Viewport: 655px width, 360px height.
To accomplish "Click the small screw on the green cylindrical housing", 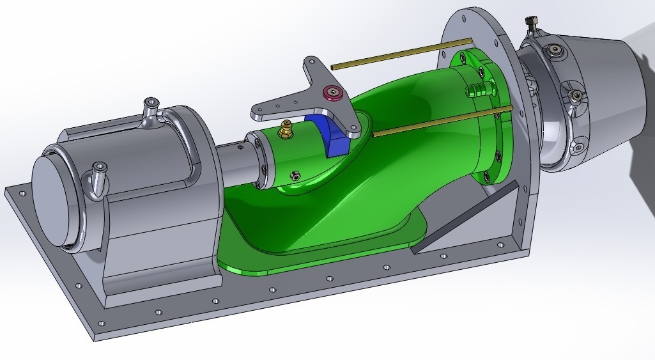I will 295,175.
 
